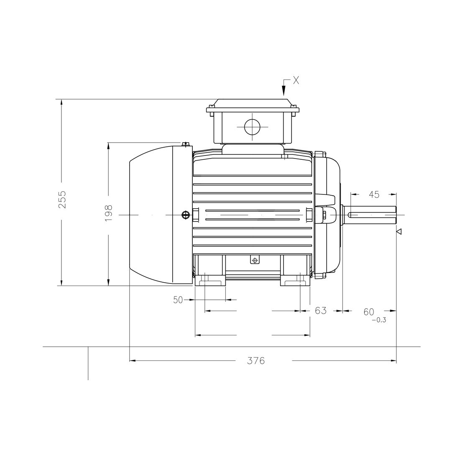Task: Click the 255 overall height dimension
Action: (x=62, y=199)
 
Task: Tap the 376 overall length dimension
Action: (x=256, y=360)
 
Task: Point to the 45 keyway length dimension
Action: (x=374, y=194)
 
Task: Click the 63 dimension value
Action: (x=321, y=311)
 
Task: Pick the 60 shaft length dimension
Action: (x=369, y=312)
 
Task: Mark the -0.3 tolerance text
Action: (x=378, y=320)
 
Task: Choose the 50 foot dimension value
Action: (x=178, y=300)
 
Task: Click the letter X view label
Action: (x=296, y=80)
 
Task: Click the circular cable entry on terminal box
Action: (x=252, y=127)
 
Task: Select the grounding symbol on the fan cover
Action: (x=186, y=215)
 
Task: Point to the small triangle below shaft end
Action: (x=399, y=231)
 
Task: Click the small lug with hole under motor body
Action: (x=254, y=260)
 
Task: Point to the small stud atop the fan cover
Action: (x=186, y=144)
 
